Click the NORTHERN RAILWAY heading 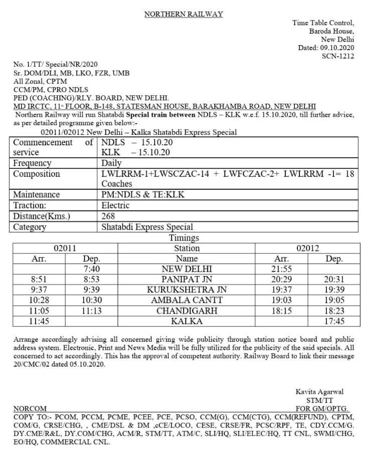184,15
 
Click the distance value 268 108,216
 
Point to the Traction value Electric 116,205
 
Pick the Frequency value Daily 112,163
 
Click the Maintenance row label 37,194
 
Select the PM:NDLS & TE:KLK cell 143,194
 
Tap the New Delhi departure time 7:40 92,269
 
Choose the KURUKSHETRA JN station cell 187,290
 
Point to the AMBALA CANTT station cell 187,300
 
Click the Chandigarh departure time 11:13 92,311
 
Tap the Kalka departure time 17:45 334,321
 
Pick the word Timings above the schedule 184,238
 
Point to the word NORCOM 30,408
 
